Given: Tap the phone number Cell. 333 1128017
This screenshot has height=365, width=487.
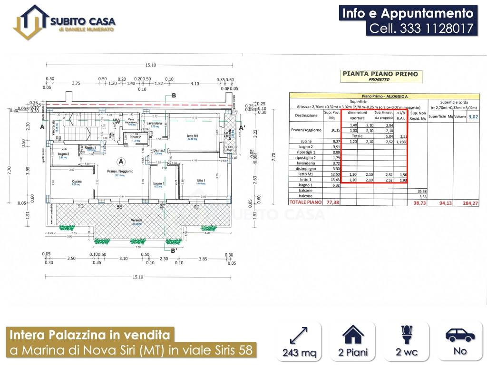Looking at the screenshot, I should tap(422, 29).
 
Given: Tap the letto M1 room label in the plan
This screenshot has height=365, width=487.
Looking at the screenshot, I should tap(193, 136).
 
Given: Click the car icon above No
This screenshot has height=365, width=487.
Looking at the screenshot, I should tap(460, 335).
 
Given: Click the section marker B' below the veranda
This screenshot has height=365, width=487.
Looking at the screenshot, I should tap(174, 251).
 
